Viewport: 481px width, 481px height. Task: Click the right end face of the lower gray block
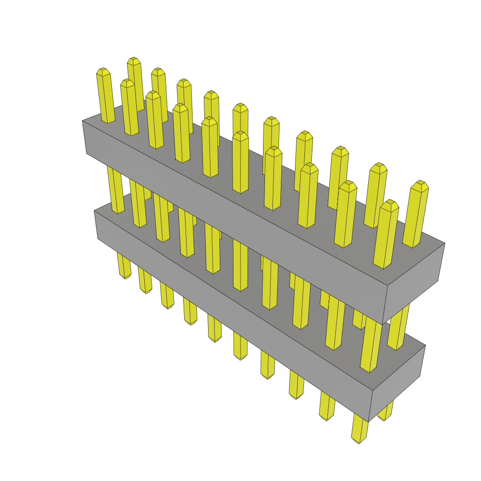398,381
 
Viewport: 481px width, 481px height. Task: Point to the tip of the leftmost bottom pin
125,276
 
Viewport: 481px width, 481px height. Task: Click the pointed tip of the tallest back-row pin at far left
134,60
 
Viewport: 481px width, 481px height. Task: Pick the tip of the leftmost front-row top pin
103,71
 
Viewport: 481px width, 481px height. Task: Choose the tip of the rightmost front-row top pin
389,203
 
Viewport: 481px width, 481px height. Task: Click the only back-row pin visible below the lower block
386,413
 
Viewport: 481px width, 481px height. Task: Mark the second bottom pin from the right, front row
327,407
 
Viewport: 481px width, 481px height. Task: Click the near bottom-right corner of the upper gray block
383,324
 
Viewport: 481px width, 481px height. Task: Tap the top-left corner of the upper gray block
82,121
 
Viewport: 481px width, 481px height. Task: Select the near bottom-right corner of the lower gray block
368,421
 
